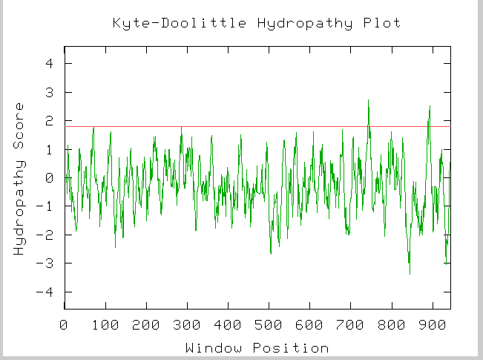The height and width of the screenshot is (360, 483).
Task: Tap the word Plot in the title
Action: coord(383,23)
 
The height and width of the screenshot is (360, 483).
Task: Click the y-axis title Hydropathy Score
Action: coord(20,178)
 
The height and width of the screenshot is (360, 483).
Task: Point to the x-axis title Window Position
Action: coord(257,347)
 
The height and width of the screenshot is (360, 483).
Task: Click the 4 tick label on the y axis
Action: coord(49,64)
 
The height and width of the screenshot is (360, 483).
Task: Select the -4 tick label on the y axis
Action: coord(46,292)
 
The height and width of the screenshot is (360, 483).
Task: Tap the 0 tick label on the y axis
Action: coord(49,178)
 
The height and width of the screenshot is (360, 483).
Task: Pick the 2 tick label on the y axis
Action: coord(49,121)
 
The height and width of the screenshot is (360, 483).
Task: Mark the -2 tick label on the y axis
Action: coord(46,235)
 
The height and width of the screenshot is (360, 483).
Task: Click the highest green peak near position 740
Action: coord(368,100)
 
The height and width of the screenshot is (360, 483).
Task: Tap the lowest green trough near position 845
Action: coord(410,274)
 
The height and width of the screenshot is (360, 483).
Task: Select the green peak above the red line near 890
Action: coord(430,106)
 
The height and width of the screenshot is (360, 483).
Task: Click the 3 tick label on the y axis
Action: coord(49,93)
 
